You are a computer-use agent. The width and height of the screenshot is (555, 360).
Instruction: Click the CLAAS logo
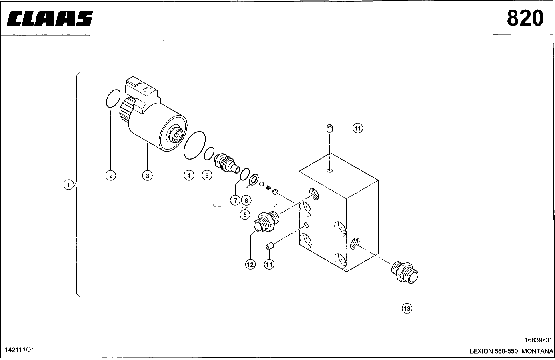(50, 18)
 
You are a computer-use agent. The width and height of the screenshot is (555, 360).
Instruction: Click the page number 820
(525, 18)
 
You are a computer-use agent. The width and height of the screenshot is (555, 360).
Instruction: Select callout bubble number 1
(69, 185)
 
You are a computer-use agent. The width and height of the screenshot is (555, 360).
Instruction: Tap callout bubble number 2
(110, 176)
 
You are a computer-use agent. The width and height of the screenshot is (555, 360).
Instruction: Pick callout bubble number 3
(148, 176)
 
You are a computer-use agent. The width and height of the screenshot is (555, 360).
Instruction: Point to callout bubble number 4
(189, 175)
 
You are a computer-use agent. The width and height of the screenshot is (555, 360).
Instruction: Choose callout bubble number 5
(207, 175)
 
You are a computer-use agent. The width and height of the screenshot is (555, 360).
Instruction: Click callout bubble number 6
(245, 214)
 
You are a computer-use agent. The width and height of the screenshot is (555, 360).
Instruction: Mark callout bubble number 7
(235, 200)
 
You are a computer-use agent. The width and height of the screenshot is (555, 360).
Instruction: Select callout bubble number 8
(246, 200)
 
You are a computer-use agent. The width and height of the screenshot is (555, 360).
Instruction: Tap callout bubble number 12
(250, 264)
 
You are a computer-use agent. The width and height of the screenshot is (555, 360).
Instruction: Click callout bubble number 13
(407, 308)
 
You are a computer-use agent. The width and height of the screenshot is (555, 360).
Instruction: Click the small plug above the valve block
(329, 129)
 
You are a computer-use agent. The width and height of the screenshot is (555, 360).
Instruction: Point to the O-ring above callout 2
(113, 98)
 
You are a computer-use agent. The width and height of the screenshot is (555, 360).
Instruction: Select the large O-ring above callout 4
(194, 145)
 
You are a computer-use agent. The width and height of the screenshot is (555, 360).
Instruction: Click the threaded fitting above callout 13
(405, 272)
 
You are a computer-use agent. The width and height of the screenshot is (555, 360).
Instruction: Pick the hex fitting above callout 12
(266, 222)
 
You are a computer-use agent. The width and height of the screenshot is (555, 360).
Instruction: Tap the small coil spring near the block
(268, 188)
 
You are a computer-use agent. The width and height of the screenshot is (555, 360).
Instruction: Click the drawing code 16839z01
(538, 340)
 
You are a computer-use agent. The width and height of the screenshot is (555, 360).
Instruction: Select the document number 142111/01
(19, 350)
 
